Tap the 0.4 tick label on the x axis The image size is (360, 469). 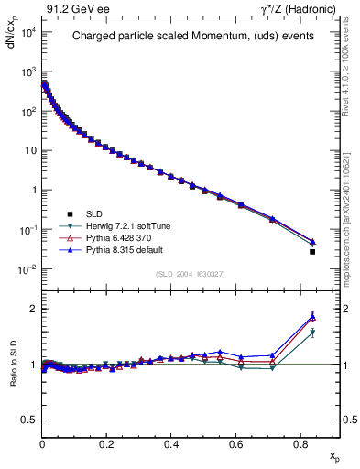(171, 443)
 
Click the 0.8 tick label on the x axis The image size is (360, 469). (300, 443)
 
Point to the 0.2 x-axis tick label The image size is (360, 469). (107, 443)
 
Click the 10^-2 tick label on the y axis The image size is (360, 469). (27, 269)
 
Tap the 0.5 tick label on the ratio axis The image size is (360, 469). (29, 420)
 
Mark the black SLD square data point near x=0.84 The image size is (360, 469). (312, 251)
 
